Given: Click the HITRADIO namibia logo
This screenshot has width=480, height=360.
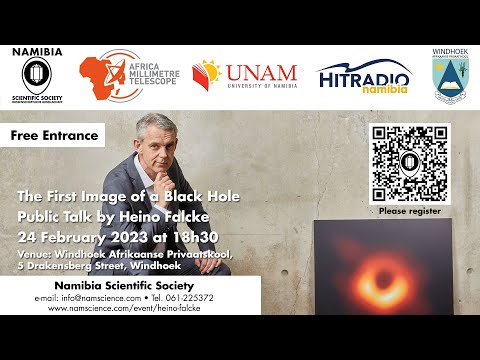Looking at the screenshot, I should click(x=363, y=77).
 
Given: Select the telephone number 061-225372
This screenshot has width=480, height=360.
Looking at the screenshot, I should click(x=209, y=298).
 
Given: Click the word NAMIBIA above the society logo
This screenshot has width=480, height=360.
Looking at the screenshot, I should click(x=37, y=51).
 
